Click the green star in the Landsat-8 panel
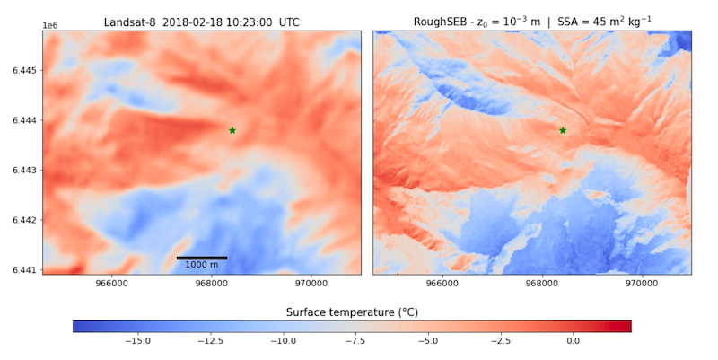coord(232,130)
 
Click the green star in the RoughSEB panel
coord(563,130)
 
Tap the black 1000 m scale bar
coord(201,258)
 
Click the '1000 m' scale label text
coord(201,265)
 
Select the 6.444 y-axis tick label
coord(23,120)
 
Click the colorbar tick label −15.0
coord(136,341)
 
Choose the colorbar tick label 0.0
coord(574,341)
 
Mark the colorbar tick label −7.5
coord(355,341)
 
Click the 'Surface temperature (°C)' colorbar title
coord(352,312)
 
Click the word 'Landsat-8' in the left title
coord(129,21)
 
